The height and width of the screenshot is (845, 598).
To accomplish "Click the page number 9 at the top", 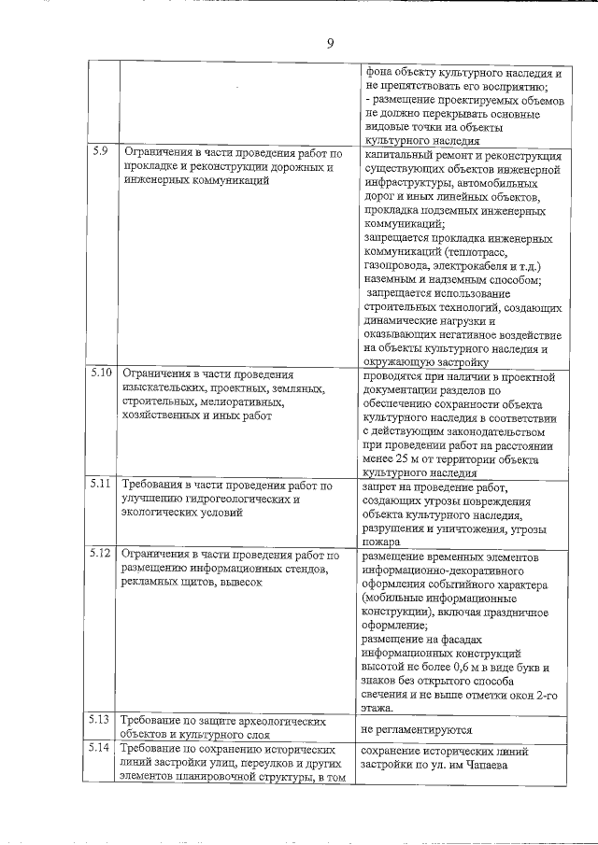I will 331,43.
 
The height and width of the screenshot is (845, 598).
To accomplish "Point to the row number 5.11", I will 103,486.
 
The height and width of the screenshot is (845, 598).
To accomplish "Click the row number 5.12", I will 103,554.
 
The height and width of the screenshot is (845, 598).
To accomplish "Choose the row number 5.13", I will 103,720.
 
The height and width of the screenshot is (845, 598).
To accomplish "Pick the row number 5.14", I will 103,749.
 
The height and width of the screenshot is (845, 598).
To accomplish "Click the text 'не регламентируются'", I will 417,729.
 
